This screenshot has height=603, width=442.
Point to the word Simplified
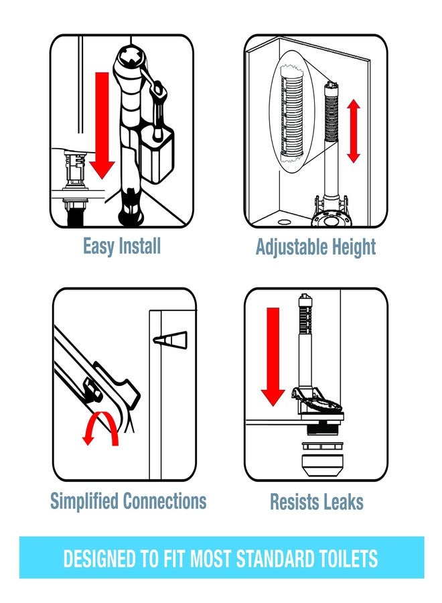coord(84,501)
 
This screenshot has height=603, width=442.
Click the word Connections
coord(165,500)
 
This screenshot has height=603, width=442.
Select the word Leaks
coord(342,502)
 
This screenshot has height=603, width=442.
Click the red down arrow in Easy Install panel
coord(102,126)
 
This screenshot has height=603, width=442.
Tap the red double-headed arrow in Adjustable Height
coord(353,131)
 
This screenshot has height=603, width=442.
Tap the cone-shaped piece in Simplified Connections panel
coord(170,340)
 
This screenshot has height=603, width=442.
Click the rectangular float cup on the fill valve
coord(157,155)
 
